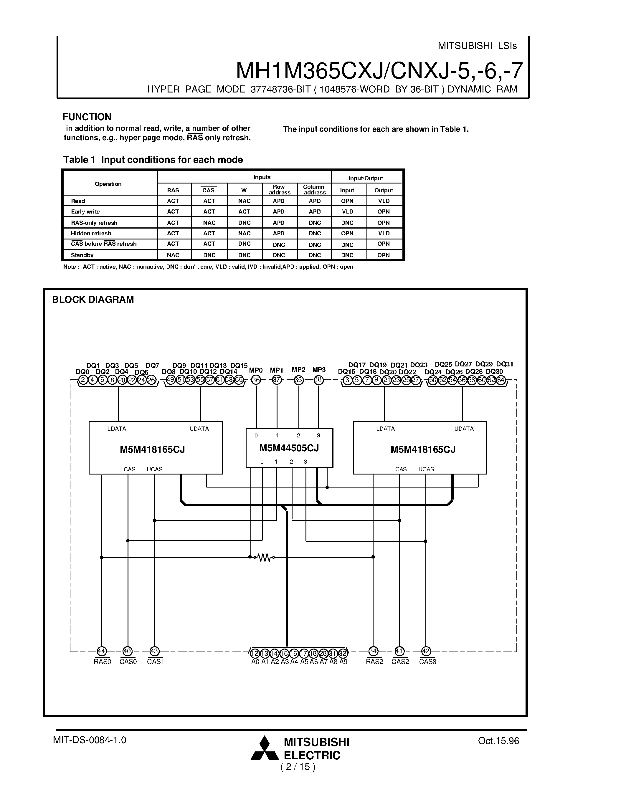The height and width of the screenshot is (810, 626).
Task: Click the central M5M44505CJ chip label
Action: pos(289,448)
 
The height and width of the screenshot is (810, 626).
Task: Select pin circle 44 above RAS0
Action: pos(102,651)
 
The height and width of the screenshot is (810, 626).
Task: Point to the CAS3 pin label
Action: pos(427,662)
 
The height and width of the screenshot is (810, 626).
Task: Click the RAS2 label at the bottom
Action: pos(374,662)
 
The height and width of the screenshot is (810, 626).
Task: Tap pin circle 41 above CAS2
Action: pos(399,651)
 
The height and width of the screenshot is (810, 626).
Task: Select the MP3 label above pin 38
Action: pos(319,370)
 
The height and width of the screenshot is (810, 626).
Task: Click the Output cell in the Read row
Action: pos(384,201)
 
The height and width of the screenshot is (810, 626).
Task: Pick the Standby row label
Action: pos(82,255)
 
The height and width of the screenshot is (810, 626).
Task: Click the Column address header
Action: pos(314,189)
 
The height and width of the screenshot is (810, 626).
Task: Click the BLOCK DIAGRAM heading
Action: pos(93,300)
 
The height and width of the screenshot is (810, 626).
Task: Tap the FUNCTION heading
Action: pos(87,117)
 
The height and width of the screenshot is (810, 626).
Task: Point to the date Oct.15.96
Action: pos(498,741)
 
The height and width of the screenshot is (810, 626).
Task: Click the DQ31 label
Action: pos(504,364)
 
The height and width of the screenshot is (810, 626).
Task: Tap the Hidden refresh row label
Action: pos(91,233)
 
